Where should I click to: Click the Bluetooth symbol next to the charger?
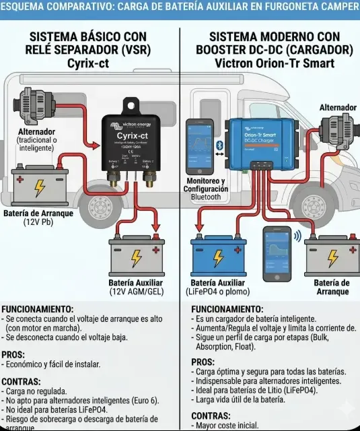pyautogui.click(x=217, y=146)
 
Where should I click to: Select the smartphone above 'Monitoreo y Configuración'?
pyautogui.click(x=199, y=147)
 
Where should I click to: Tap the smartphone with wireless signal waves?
pyautogui.click(x=276, y=248)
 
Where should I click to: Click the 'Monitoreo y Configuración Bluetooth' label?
pyautogui.click(x=205, y=189)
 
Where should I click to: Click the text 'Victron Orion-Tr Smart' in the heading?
pyautogui.click(x=274, y=63)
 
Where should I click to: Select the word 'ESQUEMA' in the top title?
pyautogui.click(x=23, y=7)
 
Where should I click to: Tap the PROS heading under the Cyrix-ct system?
pyautogui.click(x=13, y=354)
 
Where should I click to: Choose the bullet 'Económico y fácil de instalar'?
pyautogui.click(x=53, y=364)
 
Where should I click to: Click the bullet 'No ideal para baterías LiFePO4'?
pyautogui.click(x=57, y=409)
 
